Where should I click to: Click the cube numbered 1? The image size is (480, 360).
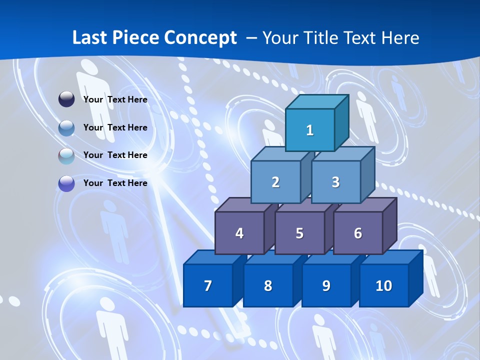[310, 130]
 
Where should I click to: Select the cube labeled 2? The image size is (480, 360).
[275, 182]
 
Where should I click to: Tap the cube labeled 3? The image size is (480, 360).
[335, 182]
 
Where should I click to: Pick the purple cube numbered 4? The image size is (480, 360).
[239, 233]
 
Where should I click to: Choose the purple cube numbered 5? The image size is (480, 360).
[299, 233]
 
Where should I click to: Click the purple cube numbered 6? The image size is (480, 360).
[358, 233]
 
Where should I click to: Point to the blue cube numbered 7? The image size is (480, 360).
[208, 285]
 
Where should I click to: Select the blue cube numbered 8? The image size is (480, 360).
[268, 285]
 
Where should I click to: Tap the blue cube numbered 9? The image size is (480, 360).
[326, 285]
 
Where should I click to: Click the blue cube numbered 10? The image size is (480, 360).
[384, 285]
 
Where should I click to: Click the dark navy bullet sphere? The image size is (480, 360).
[66, 99]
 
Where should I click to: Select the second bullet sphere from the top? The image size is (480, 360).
[66, 128]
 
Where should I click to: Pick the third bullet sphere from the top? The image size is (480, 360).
[66, 155]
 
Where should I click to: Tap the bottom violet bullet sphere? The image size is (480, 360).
[66, 183]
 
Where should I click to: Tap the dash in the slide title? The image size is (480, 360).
[252, 38]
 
